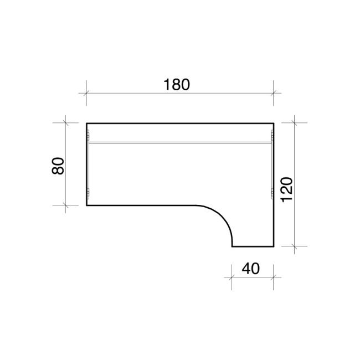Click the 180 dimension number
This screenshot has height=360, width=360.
pos(177,85)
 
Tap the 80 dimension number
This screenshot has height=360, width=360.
pos(58,166)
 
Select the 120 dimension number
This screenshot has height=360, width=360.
pos(287,189)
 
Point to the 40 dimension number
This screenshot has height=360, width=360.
pos(251,269)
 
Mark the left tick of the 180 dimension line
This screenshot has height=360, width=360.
pos(86,93)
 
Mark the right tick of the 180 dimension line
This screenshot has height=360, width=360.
pos(273,93)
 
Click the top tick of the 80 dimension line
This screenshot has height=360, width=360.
pos(66,123)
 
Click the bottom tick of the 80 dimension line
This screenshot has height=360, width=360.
pos(66,205)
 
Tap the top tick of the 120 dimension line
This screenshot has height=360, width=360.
pos(294,123)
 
